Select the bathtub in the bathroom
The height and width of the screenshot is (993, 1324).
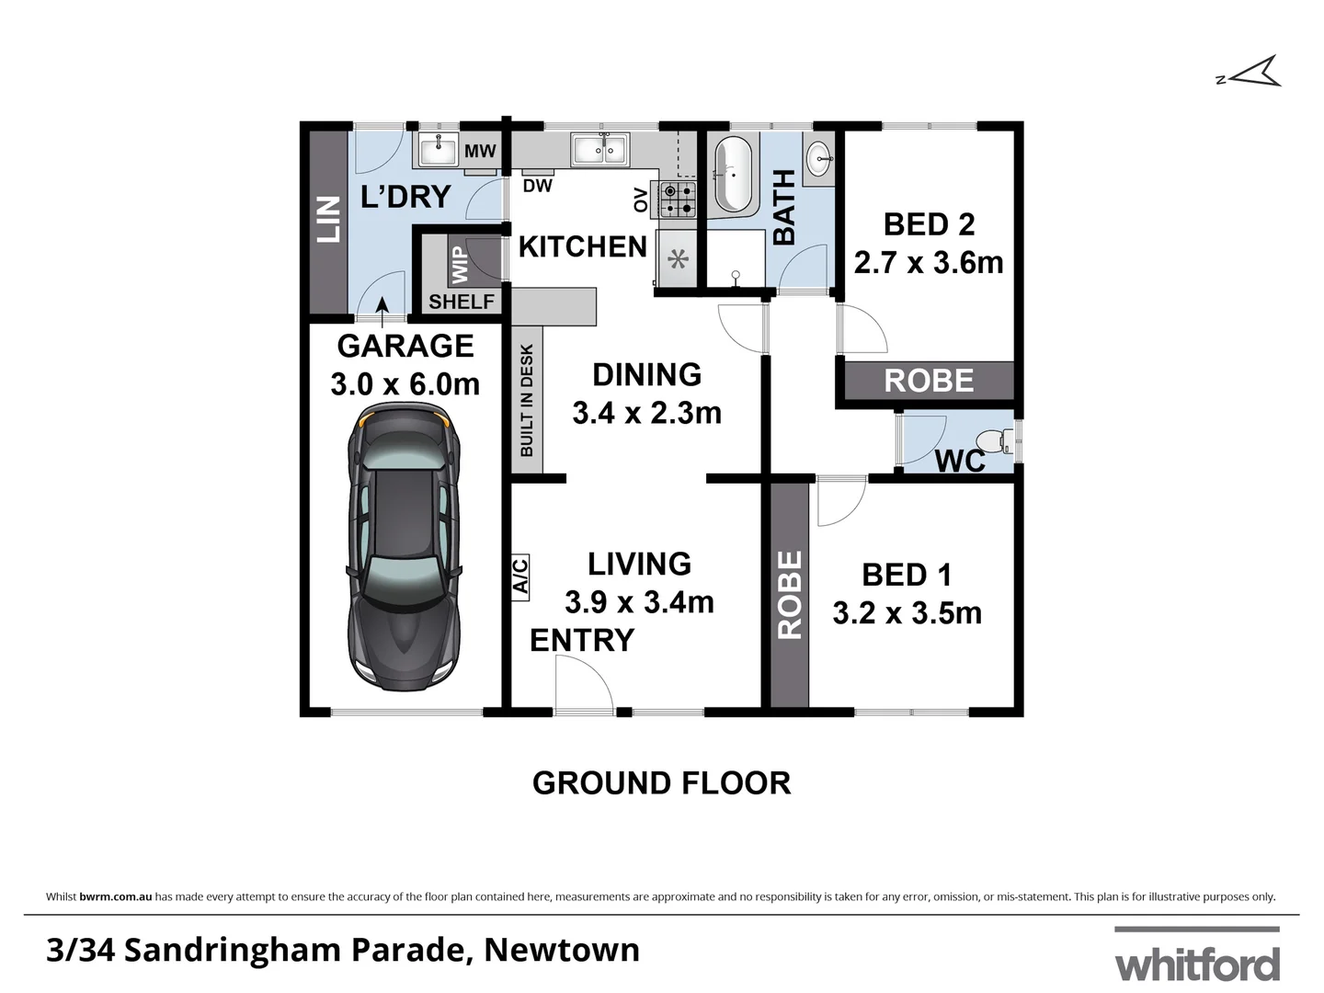[x=733, y=174]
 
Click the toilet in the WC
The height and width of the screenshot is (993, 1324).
[x=994, y=442]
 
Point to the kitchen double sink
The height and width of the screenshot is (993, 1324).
[x=599, y=149]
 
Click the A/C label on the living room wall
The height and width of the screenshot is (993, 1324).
[x=520, y=577]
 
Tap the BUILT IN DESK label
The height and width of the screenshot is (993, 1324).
[x=527, y=400]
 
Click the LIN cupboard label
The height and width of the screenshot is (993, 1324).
[x=328, y=219]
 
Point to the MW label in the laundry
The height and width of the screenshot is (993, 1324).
[x=480, y=151]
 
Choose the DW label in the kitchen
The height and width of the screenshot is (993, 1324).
[x=538, y=186]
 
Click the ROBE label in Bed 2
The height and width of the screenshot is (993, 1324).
[x=929, y=381]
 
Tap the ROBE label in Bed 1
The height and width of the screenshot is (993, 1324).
[x=790, y=594]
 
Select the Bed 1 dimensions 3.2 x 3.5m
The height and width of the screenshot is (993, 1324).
[x=907, y=613]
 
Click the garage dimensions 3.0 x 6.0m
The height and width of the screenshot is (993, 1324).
[x=405, y=384]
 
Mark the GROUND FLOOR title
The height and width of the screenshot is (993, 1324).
[x=661, y=783]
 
